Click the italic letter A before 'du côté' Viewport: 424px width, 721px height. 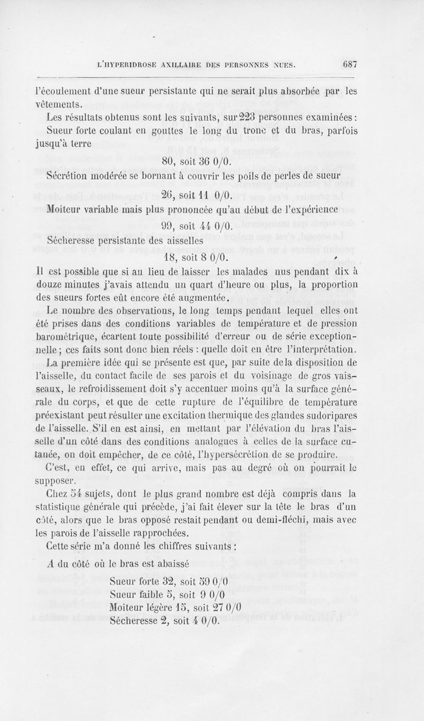(x=50, y=564)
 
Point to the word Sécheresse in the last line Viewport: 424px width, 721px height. (x=133, y=621)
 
